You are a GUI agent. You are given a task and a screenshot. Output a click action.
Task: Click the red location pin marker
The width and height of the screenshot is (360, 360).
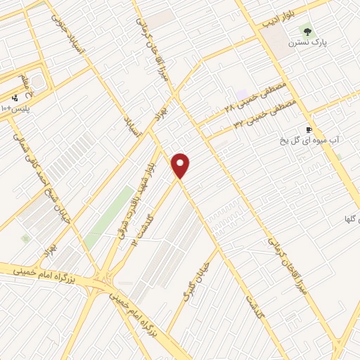point(181,165)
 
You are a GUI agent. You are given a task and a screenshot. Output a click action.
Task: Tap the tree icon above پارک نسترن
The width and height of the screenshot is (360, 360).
point(306,30)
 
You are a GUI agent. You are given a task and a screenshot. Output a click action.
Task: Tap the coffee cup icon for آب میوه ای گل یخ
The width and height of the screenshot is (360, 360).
point(308,129)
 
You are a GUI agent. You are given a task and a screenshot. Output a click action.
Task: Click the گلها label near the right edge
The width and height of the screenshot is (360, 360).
point(347,219)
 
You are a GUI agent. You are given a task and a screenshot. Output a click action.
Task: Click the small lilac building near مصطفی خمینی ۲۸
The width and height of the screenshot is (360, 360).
point(242,95)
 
